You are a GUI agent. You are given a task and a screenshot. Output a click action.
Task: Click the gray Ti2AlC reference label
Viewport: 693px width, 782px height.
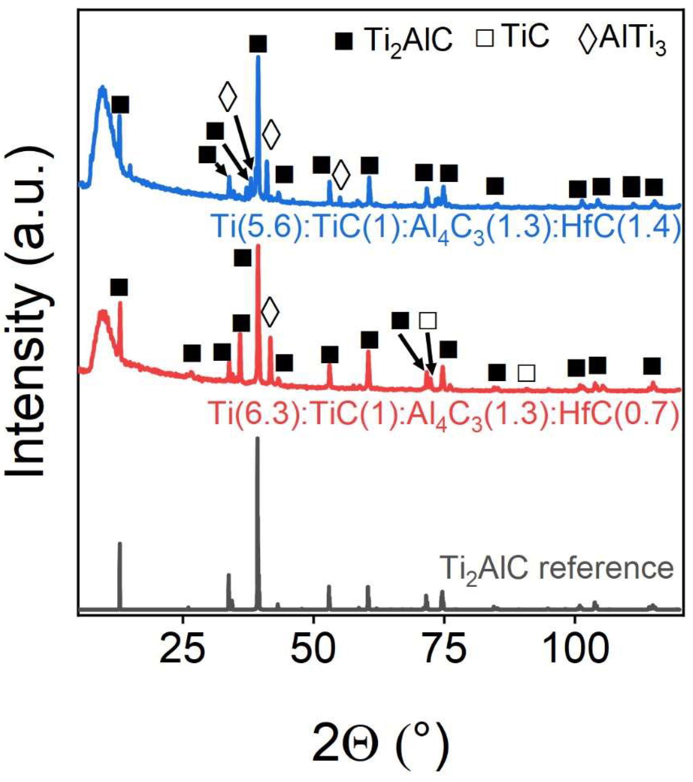click(x=557, y=568)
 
